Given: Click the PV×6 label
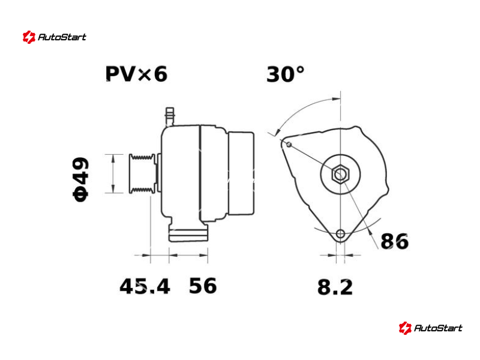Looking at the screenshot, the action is [x=136, y=74].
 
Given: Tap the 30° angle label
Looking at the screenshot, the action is [x=286, y=74].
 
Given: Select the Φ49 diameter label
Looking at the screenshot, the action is [x=81, y=179].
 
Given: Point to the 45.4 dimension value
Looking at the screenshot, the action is [x=145, y=287].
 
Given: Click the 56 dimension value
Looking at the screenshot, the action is [x=203, y=286].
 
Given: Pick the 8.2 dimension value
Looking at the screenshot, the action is [x=335, y=287].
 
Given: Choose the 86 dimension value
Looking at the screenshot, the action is [x=394, y=241].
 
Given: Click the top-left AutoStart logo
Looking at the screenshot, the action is [x=54, y=37].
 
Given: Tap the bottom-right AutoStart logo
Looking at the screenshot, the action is [x=430, y=328].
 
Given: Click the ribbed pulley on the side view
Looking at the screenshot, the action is [x=142, y=173].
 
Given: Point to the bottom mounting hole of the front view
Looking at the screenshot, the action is [x=340, y=234].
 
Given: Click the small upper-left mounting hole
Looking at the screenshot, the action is [x=289, y=145].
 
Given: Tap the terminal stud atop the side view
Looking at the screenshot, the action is [x=170, y=116].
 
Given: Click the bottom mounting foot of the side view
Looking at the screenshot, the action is [x=188, y=233].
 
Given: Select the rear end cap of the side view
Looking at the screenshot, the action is [x=241, y=173].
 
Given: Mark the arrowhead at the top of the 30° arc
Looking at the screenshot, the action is [x=337, y=99].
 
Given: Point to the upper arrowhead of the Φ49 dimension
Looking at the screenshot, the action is [x=113, y=159].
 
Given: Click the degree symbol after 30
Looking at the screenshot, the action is [x=301, y=70].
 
